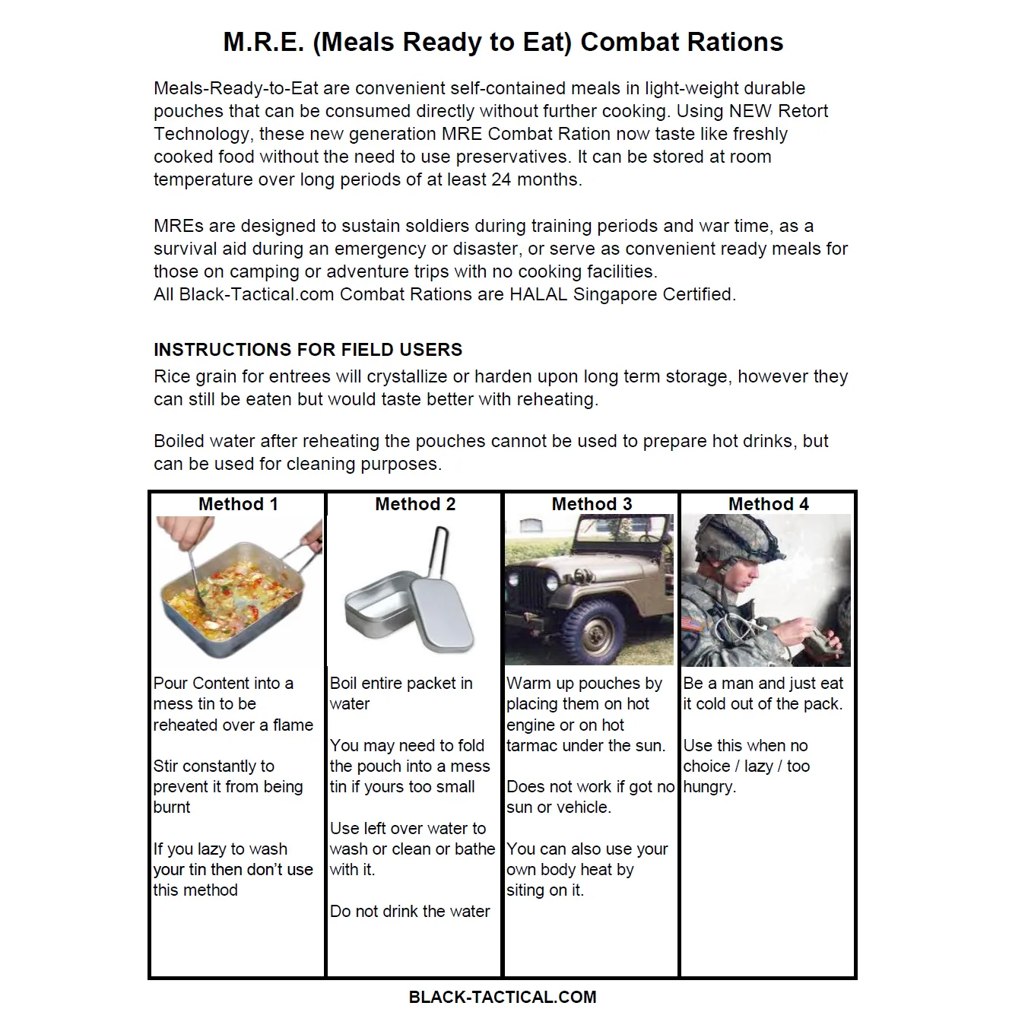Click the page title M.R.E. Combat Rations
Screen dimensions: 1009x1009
[x=503, y=42]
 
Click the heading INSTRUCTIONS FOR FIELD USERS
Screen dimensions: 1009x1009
[x=307, y=350]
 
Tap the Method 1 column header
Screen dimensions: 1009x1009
[x=238, y=504]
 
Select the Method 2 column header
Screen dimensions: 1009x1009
[x=415, y=504]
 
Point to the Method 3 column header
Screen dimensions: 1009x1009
[x=592, y=504]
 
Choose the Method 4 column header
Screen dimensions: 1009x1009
[x=768, y=504]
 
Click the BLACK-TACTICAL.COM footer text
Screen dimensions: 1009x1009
[x=503, y=997]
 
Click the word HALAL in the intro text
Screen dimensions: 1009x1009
[x=538, y=294]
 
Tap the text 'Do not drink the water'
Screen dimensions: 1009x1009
[x=410, y=911]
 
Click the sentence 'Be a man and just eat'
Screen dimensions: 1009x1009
[x=763, y=683]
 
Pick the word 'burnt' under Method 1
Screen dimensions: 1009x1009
[x=172, y=808]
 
